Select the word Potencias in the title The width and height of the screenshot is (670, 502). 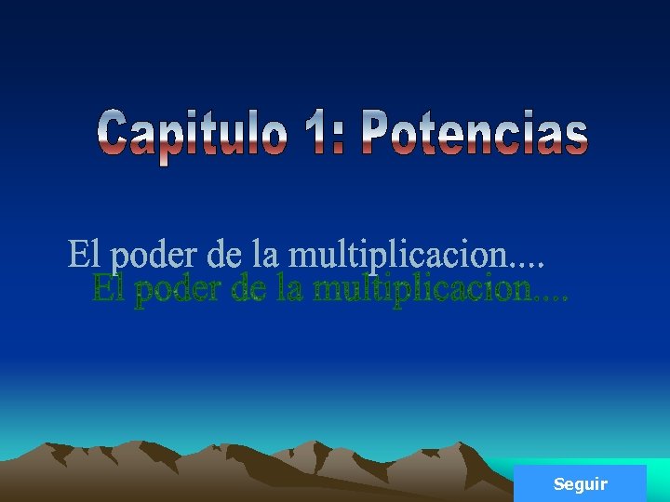pyautogui.click(x=475, y=134)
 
